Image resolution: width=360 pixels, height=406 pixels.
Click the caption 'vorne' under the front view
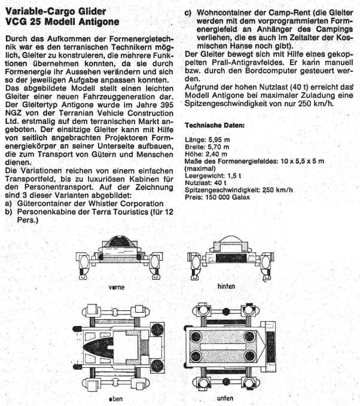pyautogui.click(x=117, y=287)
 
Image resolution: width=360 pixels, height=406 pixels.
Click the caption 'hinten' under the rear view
pyautogui.click(x=226, y=286)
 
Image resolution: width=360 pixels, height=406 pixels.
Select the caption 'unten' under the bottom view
pyautogui.click(x=226, y=398)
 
